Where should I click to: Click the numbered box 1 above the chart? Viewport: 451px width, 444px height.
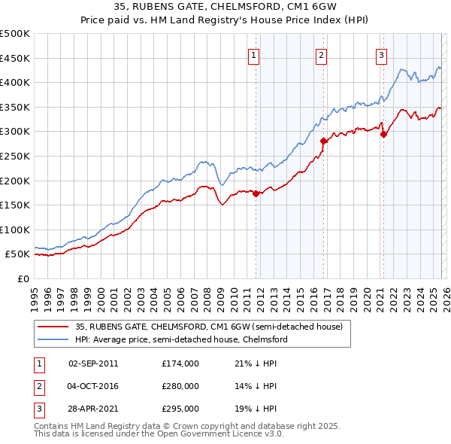pos(253,54)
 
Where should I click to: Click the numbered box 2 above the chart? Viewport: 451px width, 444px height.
pos(321,54)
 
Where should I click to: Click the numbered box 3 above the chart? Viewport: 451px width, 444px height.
pos(381,54)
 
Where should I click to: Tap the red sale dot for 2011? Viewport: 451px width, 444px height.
pos(256,193)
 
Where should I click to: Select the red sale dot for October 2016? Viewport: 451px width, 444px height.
pos(323,141)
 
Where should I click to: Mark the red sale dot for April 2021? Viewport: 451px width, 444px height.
pos(383,135)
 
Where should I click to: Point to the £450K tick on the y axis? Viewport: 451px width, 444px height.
pos(15,58)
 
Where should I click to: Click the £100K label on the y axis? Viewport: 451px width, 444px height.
pos(15,230)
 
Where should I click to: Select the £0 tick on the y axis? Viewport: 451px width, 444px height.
pos(23,278)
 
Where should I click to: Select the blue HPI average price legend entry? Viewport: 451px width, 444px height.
pos(181,340)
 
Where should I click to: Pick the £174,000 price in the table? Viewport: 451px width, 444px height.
pos(180,363)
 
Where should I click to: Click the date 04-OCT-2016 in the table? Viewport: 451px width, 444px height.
pos(93,385)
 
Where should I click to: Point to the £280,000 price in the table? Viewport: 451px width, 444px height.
pos(180,385)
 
